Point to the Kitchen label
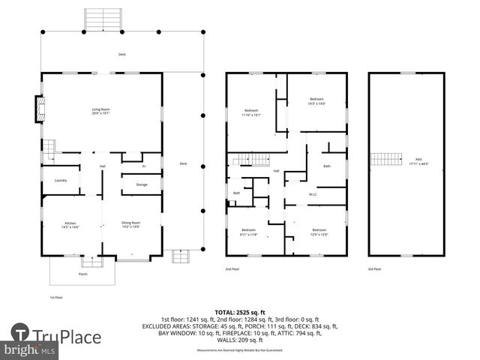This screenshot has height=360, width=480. [70, 223]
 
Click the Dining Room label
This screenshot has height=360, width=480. [131, 223]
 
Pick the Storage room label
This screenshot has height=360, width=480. [141, 184]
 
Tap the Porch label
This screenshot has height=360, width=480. [82, 274]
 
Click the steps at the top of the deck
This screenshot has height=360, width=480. [103, 19]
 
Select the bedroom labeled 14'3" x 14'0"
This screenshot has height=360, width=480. [317, 101]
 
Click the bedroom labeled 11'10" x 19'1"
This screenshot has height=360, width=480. [250, 113]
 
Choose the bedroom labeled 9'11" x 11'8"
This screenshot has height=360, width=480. [249, 232]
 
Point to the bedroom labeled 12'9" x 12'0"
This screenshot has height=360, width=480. [319, 232]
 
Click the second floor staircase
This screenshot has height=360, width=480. [253, 158]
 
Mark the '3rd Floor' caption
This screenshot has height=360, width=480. [375, 269]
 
